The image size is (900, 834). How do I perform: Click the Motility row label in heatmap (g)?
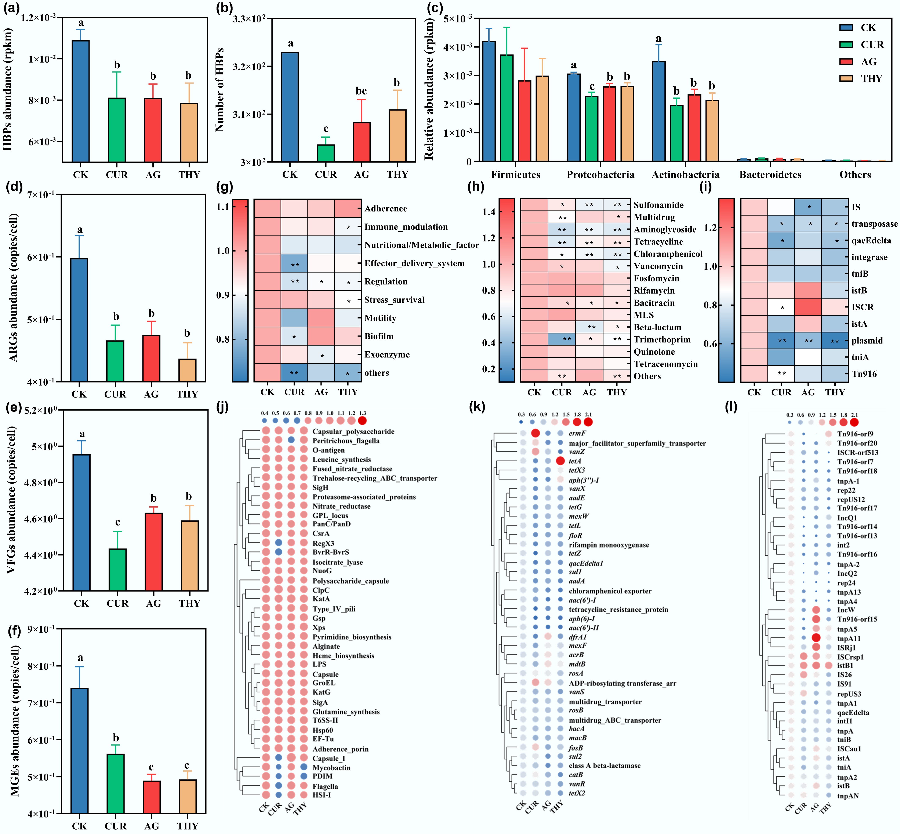(380, 318)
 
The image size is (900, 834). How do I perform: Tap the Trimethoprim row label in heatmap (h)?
(662, 339)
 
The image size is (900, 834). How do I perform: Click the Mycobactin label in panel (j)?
(332, 768)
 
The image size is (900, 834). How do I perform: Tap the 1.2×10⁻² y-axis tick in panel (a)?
(38, 18)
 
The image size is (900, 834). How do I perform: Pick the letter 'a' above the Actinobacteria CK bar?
(659, 39)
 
